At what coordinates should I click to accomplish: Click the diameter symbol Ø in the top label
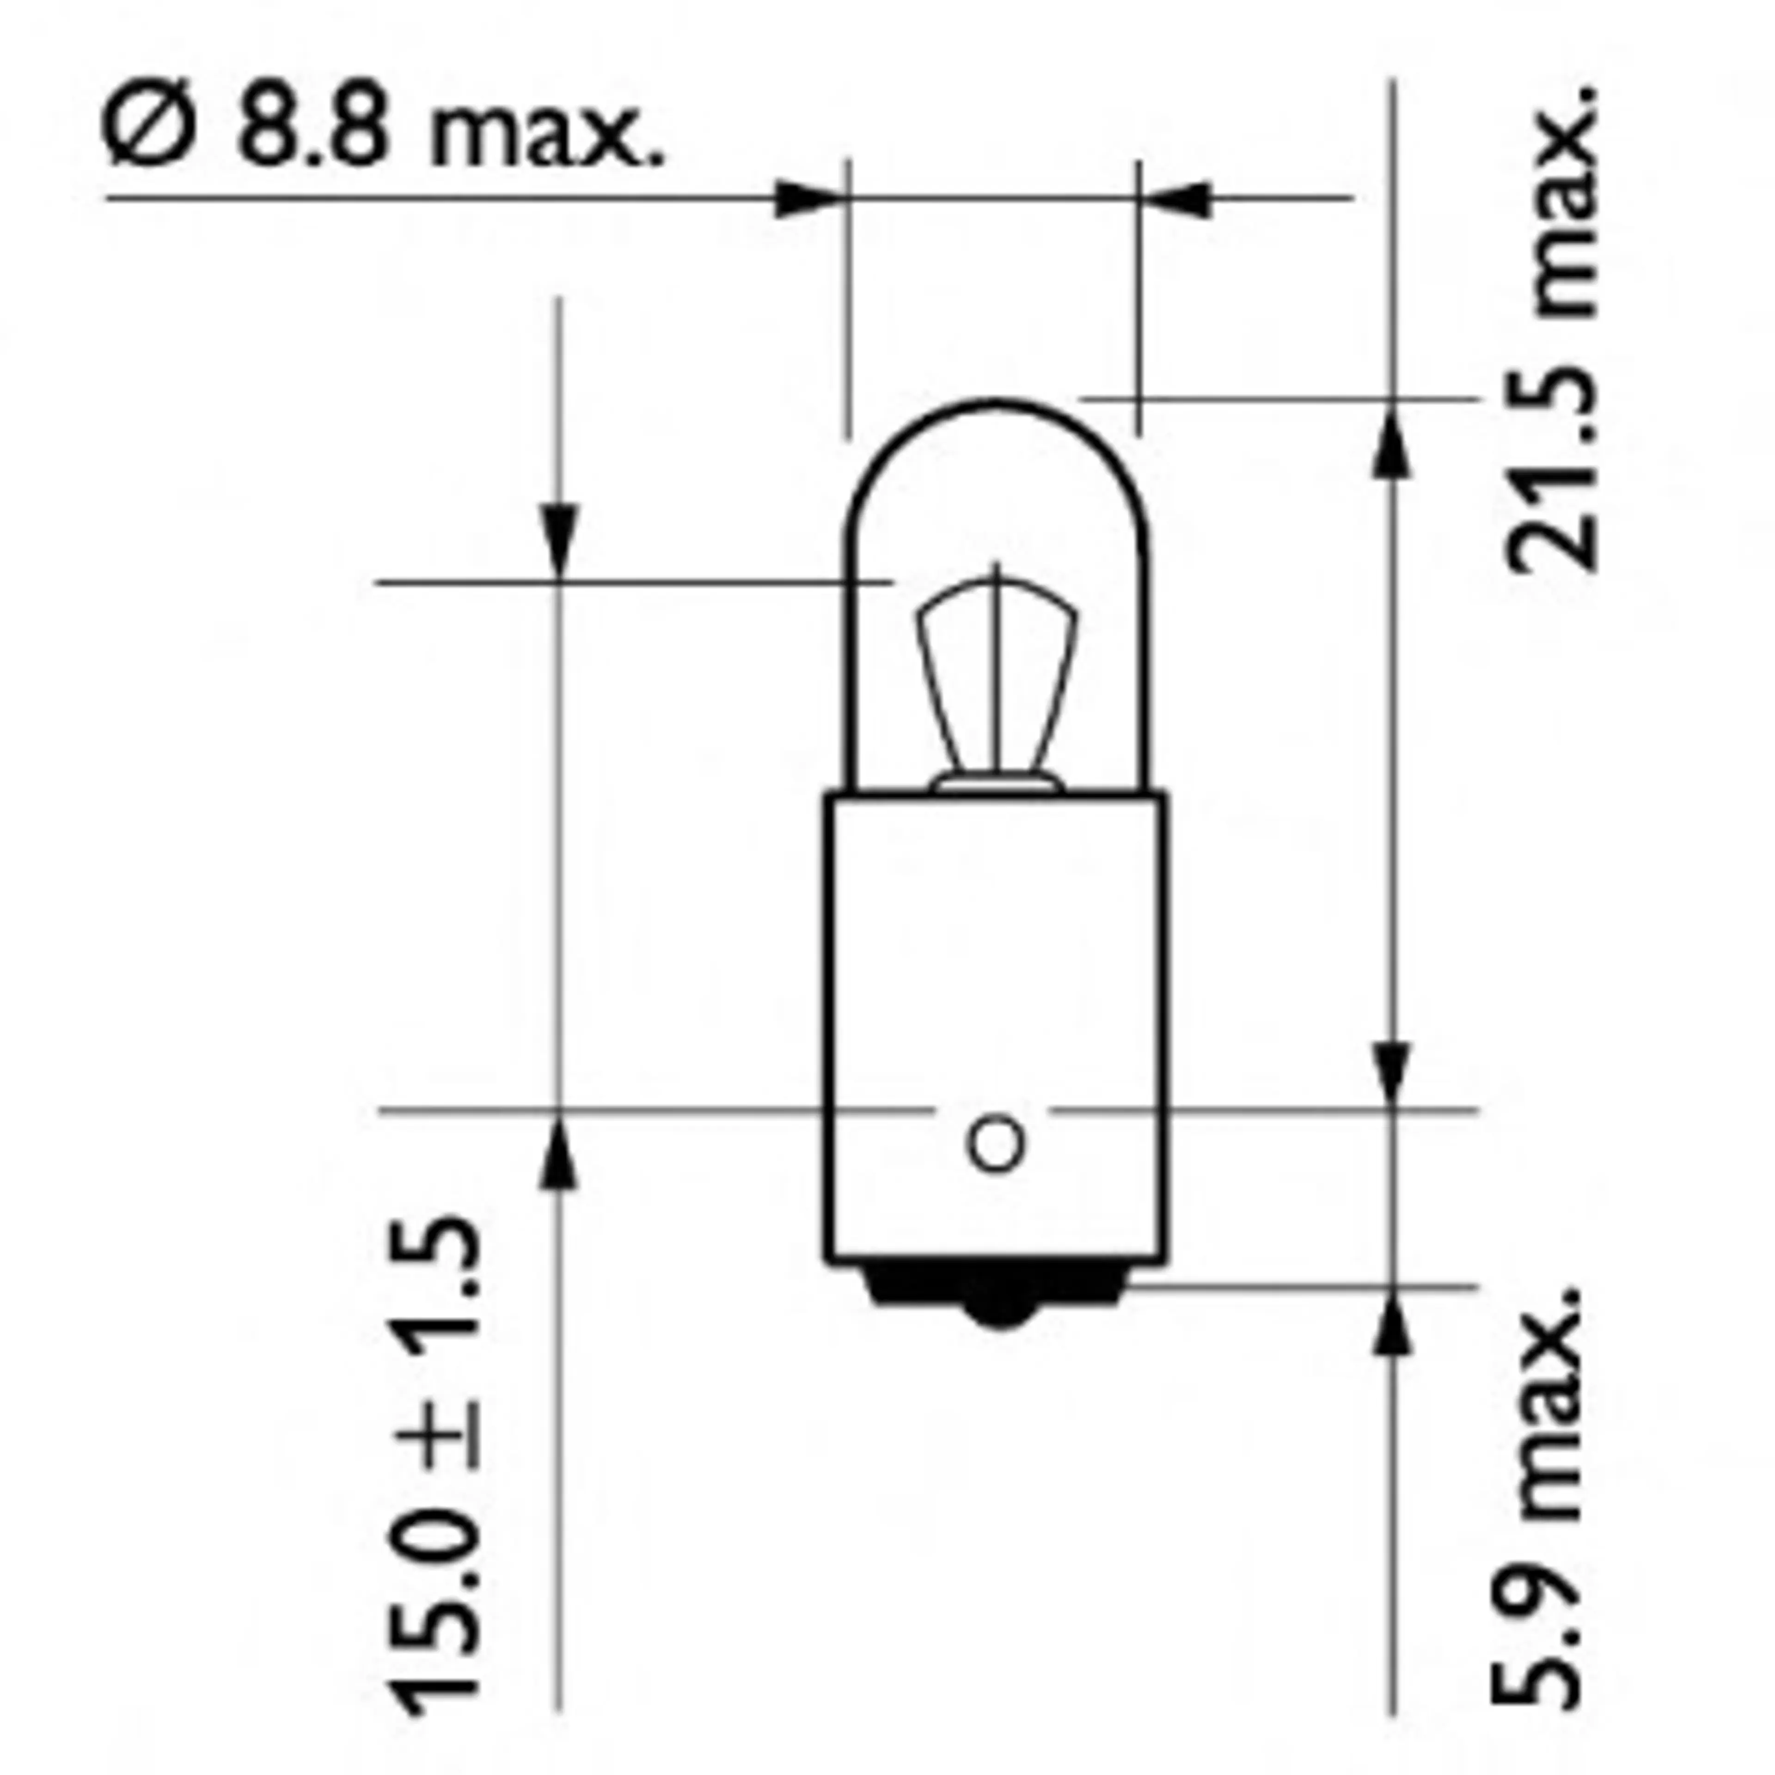(x=150, y=131)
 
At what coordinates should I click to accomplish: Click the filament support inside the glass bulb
(x=997, y=680)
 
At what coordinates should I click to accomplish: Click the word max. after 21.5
(x=1553, y=202)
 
